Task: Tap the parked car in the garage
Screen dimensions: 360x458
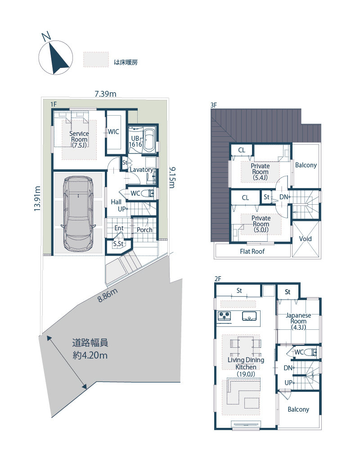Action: coord(78,214)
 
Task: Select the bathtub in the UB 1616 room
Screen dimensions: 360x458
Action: coord(149,140)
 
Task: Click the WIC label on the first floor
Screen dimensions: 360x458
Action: coord(113,132)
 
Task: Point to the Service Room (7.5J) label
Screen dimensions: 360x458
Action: coord(79,139)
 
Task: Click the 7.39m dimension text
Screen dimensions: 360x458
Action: coord(105,94)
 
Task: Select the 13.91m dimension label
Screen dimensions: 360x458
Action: coord(37,198)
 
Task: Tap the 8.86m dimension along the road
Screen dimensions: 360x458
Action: coord(108,295)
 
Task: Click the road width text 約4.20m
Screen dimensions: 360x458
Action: coord(90,355)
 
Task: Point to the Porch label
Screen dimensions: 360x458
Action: coord(144,230)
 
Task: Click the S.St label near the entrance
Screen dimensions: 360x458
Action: coord(118,243)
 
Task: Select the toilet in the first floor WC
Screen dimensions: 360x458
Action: coord(148,193)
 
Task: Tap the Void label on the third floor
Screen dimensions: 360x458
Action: coord(306,238)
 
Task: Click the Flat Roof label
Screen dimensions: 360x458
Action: coord(252,251)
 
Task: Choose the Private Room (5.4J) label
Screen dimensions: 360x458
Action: coord(260,172)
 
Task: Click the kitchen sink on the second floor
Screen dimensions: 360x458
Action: coord(249,316)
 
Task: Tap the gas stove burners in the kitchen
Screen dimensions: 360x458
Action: coord(225,316)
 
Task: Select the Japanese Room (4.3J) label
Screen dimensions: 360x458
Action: coord(298,321)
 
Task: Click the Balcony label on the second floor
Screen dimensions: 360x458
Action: coord(298,409)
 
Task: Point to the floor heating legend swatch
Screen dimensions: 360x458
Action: coord(96,59)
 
